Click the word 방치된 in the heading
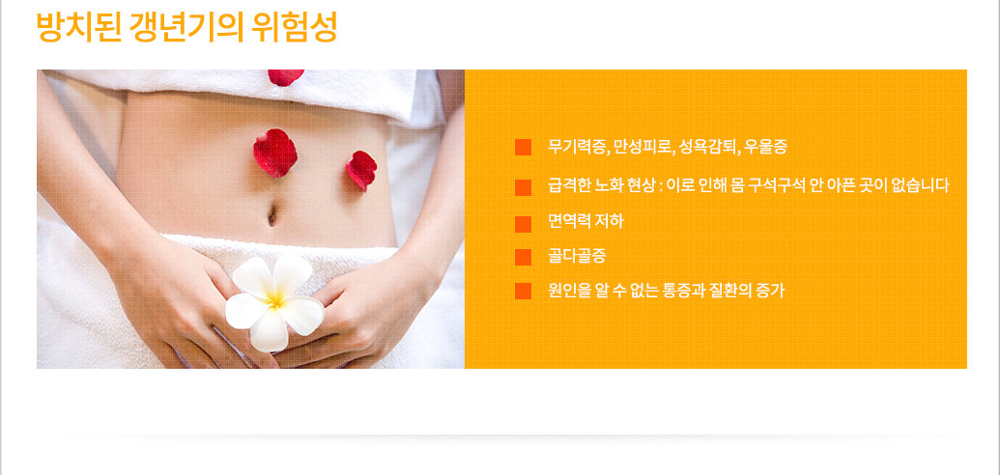pos(78,27)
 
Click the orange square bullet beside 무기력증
pos(523,148)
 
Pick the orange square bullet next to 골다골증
pos(523,257)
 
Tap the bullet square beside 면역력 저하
pos(523,224)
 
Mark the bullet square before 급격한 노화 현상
pos(523,187)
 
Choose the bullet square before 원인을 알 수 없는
pos(523,291)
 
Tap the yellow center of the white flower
pos(274,299)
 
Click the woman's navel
pos(272,215)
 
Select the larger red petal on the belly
pos(274,153)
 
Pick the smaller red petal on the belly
pos(361,170)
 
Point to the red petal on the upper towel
pos(285,77)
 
